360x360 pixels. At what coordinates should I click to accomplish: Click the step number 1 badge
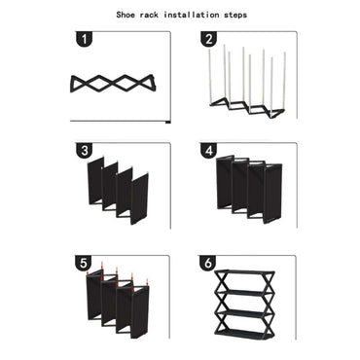[x=85, y=40]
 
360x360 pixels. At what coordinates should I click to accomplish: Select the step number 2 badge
[x=208, y=40]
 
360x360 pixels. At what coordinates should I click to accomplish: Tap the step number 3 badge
[x=85, y=150]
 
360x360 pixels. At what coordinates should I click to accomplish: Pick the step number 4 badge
[x=208, y=150]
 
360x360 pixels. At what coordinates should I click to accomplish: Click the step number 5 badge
[x=85, y=262]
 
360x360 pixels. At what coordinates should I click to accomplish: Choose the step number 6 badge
[x=208, y=262]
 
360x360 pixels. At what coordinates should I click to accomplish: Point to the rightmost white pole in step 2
[x=285, y=80]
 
